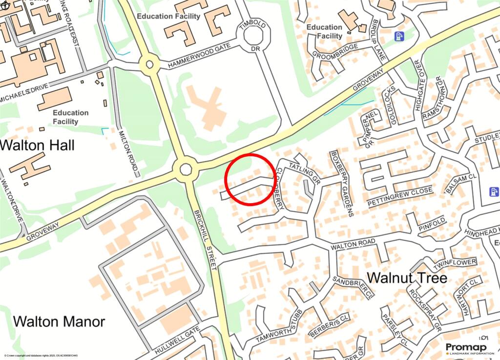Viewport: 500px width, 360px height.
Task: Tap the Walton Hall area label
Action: click(37, 145)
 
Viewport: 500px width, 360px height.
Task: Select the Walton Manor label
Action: click(59, 321)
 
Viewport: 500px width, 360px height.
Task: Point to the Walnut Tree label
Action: click(407, 278)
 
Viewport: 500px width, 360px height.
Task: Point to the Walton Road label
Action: click(353, 245)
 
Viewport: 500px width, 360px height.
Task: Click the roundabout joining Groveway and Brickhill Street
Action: click(186, 170)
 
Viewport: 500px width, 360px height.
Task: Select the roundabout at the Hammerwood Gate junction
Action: click(149, 64)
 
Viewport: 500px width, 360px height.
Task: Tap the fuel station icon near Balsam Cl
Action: click(494, 191)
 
